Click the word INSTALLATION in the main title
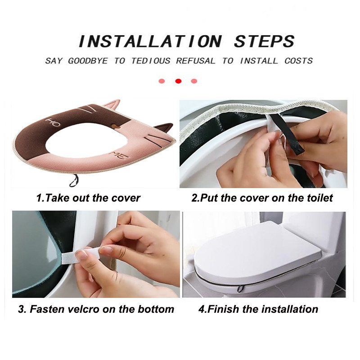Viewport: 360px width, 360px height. point(150,41)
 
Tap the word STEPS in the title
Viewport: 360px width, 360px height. point(264,41)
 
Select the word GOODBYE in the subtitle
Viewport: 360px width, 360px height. point(88,61)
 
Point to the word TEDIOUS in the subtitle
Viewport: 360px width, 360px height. point(151,61)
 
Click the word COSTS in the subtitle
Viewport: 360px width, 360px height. point(298,61)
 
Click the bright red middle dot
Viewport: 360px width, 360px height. point(178,81)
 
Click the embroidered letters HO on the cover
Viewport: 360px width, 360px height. point(53,122)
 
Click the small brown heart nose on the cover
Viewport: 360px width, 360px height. point(116,126)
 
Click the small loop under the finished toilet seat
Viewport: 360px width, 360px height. point(240,289)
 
